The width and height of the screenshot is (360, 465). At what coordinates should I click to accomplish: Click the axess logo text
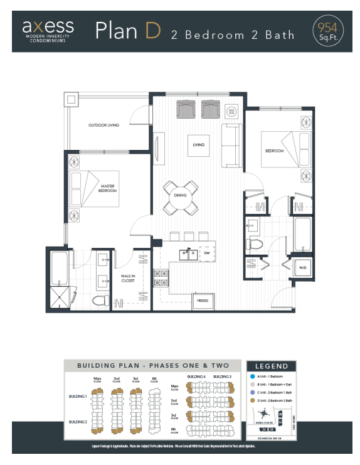[x=48, y=26]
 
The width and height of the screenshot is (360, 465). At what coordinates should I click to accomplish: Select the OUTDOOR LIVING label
[x=103, y=126]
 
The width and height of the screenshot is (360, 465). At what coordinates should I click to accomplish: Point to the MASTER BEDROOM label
[x=109, y=188]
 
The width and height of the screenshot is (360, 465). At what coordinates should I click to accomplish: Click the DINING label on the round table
[x=181, y=195]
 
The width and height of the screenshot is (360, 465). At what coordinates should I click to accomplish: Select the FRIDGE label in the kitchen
[x=203, y=302]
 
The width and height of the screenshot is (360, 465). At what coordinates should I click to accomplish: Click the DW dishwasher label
[x=207, y=254]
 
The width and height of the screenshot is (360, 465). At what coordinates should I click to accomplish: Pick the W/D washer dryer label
[x=302, y=269]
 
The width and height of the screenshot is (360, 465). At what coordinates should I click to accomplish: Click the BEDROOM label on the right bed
[x=274, y=151]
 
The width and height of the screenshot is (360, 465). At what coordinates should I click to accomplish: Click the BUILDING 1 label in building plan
[x=78, y=397]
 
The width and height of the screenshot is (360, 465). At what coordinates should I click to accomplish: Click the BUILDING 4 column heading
[x=196, y=376]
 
